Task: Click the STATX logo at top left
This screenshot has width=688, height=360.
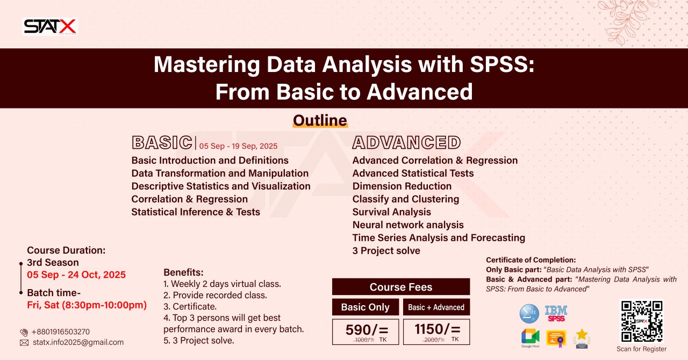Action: point(50,26)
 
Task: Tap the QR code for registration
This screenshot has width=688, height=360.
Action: point(641,321)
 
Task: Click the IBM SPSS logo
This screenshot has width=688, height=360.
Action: point(556,313)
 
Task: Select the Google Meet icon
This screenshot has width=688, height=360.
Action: point(530,337)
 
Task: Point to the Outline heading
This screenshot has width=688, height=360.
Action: point(320,120)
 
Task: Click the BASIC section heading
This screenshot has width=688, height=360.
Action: point(162,142)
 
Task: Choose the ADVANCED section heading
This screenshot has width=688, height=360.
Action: point(406,142)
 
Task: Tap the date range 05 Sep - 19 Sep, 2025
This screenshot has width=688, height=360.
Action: point(238,146)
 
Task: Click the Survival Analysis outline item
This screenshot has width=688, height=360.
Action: point(391,212)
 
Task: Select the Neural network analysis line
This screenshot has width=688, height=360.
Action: point(408,225)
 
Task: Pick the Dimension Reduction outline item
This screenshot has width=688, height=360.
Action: point(402,186)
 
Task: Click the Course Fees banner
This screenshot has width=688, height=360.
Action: point(400,287)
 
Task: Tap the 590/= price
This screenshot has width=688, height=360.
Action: point(365,329)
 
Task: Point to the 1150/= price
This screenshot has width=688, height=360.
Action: point(437,329)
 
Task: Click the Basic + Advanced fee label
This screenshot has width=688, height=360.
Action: point(436,307)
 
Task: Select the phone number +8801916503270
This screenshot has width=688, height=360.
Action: point(60,332)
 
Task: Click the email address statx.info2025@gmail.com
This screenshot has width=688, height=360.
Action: point(78,342)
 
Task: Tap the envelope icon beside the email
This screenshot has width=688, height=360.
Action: point(24,342)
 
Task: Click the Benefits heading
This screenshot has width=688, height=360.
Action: point(183,272)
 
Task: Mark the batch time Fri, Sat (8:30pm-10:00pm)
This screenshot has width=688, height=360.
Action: point(87,305)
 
